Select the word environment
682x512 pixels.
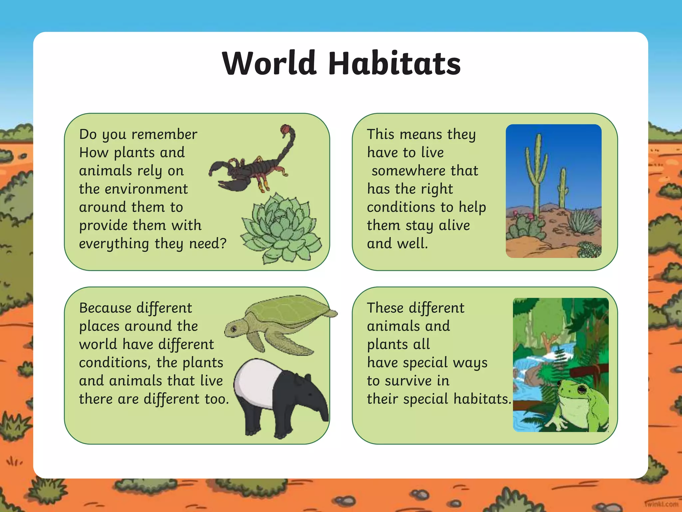[146, 189]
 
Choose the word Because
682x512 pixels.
[105, 308]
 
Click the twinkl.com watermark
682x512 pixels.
[662, 504]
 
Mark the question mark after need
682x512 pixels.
[223, 243]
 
